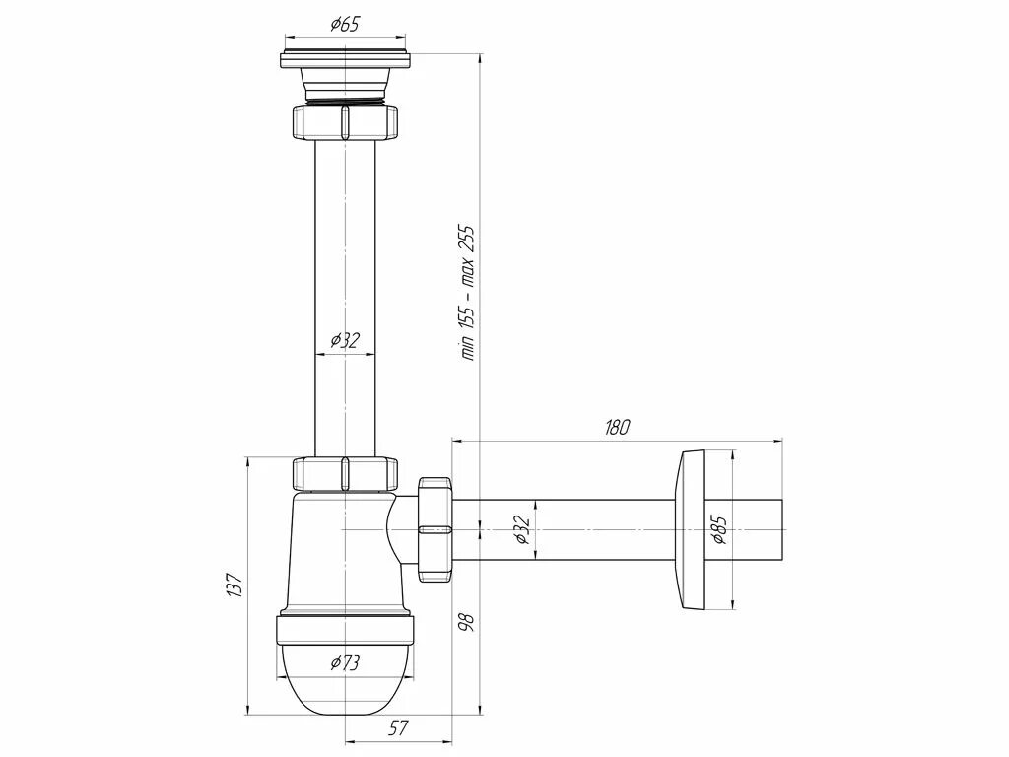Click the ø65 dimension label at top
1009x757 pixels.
click(344, 25)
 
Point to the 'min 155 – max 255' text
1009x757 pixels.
click(468, 293)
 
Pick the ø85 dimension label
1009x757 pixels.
click(719, 530)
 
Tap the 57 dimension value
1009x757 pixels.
click(397, 728)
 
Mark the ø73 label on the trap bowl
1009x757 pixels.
click(345, 662)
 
